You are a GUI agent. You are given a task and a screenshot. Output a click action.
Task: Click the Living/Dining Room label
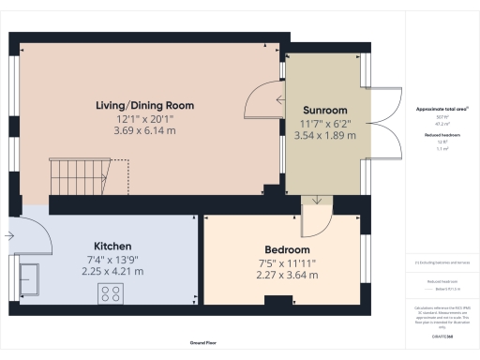144,107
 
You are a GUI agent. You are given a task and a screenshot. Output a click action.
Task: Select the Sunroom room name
324,109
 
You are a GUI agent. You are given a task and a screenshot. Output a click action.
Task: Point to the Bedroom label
287,249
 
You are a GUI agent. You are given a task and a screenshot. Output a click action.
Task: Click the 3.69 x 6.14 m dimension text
144,133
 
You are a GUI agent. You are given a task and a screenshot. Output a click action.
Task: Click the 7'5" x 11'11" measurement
287,262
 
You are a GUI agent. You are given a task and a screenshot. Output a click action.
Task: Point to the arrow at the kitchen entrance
9,237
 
